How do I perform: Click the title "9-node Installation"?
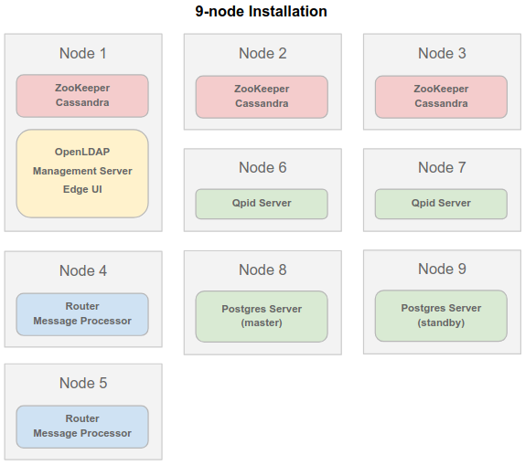(x=261, y=11)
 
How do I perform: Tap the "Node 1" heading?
(x=83, y=53)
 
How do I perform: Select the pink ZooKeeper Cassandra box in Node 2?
(x=262, y=97)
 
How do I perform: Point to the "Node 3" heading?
(x=442, y=53)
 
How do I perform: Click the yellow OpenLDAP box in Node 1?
(x=82, y=174)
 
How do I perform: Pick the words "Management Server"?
(x=82, y=171)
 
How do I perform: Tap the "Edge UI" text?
(x=82, y=189)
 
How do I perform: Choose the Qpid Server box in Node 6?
(x=262, y=204)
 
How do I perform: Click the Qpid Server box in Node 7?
(x=441, y=204)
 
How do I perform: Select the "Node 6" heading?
(x=262, y=167)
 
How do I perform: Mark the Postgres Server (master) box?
(x=262, y=316)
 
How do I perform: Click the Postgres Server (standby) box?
(x=441, y=316)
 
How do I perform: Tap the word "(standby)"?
(x=441, y=322)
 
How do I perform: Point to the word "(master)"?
(x=262, y=322)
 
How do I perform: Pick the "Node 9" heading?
(x=442, y=269)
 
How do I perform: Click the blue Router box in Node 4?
(x=82, y=314)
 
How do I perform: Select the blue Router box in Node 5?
(x=82, y=427)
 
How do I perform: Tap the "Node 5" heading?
(x=83, y=383)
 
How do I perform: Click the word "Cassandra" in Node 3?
(x=441, y=103)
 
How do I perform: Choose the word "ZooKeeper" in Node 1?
(x=82, y=88)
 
